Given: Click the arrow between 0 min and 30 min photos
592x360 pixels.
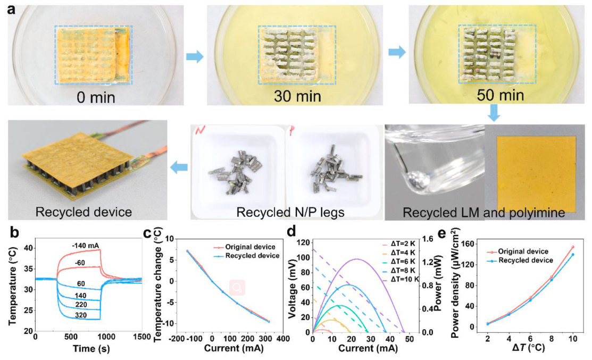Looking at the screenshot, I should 195,56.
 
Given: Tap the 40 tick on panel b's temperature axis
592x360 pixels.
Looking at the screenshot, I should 27,248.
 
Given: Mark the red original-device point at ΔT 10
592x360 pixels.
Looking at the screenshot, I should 573,247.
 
